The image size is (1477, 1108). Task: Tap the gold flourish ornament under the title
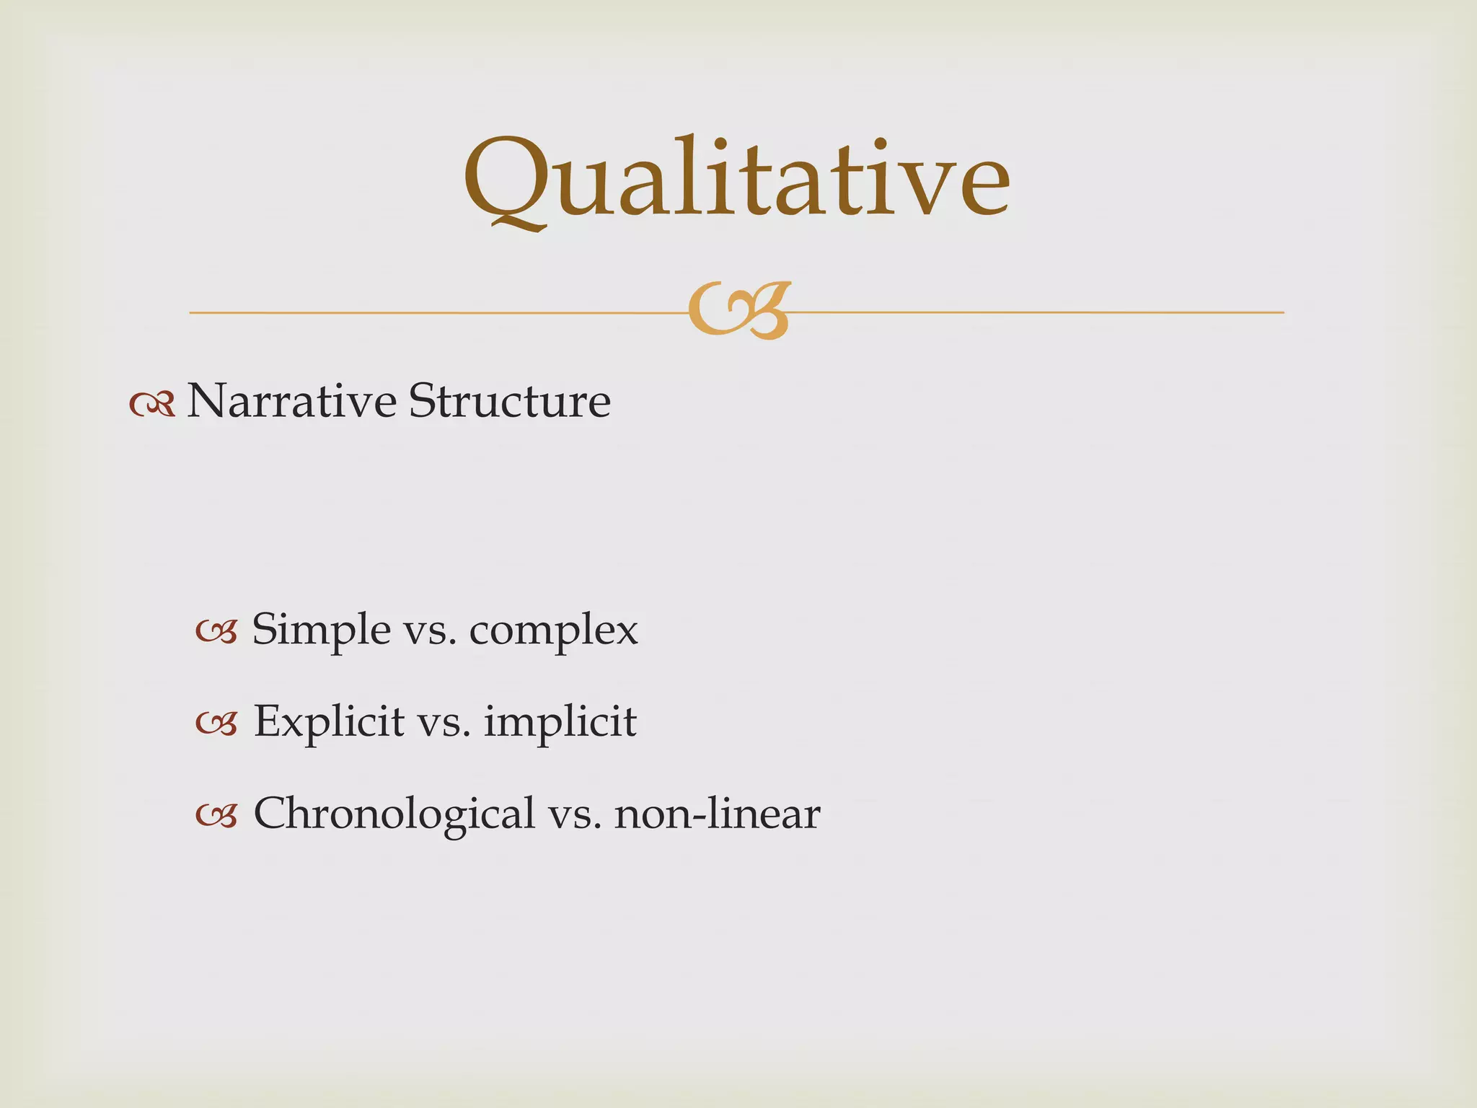(738, 311)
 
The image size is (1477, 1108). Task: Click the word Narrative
(291, 401)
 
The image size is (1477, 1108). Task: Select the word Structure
(510, 401)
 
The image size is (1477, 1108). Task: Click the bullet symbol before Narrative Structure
(152, 405)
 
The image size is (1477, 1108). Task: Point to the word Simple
(321, 630)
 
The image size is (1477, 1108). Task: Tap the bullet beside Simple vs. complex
(216, 633)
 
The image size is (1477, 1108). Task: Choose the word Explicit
(328, 721)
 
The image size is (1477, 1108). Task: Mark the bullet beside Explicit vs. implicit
(216, 724)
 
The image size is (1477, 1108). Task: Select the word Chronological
(394, 814)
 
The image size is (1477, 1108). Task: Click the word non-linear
(717, 814)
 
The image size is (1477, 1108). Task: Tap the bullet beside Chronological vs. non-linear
(216, 817)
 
